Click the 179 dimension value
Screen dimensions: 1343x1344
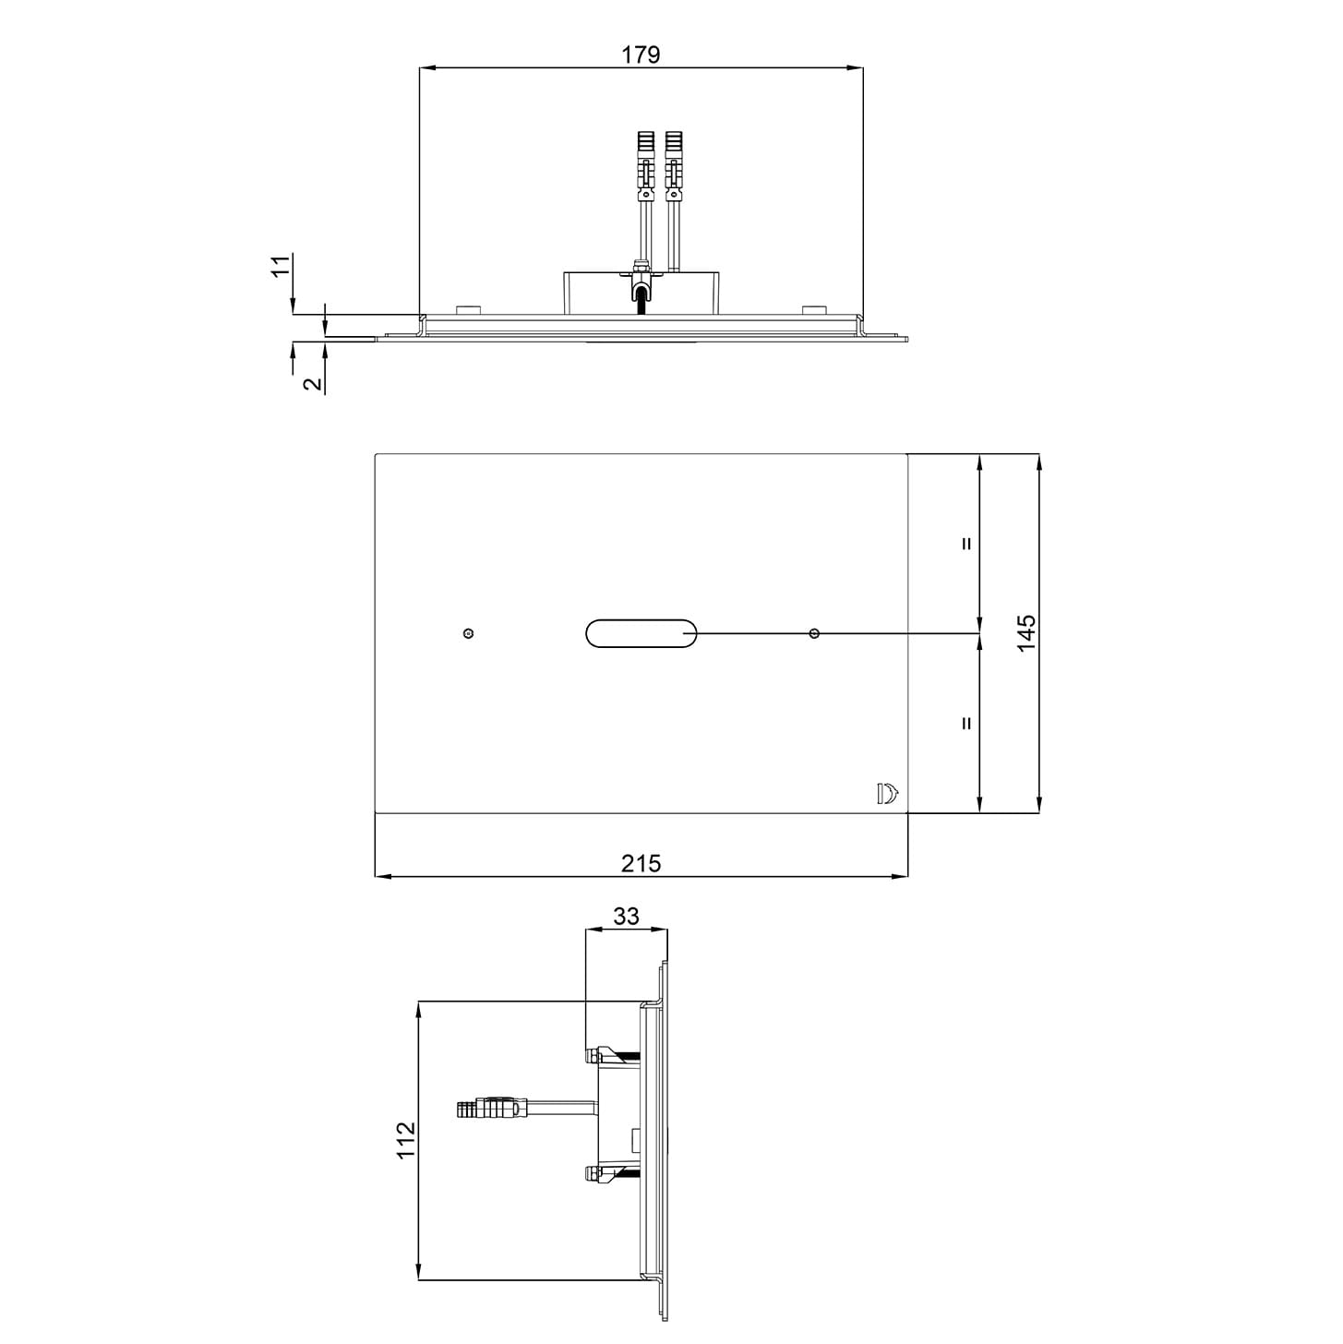point(641,54)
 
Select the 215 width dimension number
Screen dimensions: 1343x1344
point(641,863)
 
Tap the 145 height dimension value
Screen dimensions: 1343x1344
point(1025,633)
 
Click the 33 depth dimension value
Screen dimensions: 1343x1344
point(626,916)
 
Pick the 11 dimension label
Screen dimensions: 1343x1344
point(280,267)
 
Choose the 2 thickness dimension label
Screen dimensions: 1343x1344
point(315,383)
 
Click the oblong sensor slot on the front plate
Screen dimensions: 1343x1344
point(641,633)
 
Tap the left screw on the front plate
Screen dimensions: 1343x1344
point(469,633)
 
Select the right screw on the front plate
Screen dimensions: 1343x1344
point(813,633)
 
